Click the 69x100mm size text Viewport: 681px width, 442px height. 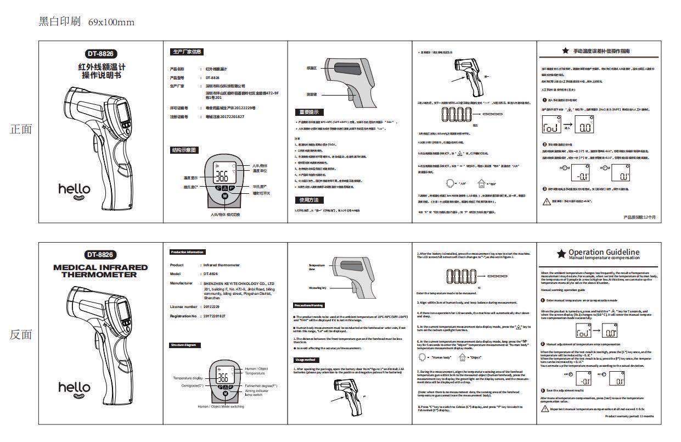pos(111,22)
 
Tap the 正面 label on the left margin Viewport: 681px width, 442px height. pos(21,129)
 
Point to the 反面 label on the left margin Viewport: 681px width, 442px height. pos(21,334)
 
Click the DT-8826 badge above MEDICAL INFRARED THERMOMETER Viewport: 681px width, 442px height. pos(100,254)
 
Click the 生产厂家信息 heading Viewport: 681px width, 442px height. pos(187,52)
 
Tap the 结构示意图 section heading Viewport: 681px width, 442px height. pos(184,150)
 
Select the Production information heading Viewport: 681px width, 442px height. pos(187,252)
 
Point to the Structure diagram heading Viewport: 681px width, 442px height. pos(183,345)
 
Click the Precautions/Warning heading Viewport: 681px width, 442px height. pos(309,305)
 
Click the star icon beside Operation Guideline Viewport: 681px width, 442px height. pos(561,254)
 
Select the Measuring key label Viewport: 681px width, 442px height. pos(317,287)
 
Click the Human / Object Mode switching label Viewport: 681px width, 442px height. pos(221,406)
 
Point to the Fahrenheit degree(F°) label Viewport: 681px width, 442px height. pos(261,386)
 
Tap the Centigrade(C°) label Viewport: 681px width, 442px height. pos(192,386)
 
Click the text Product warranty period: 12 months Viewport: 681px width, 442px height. pos(629,416)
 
